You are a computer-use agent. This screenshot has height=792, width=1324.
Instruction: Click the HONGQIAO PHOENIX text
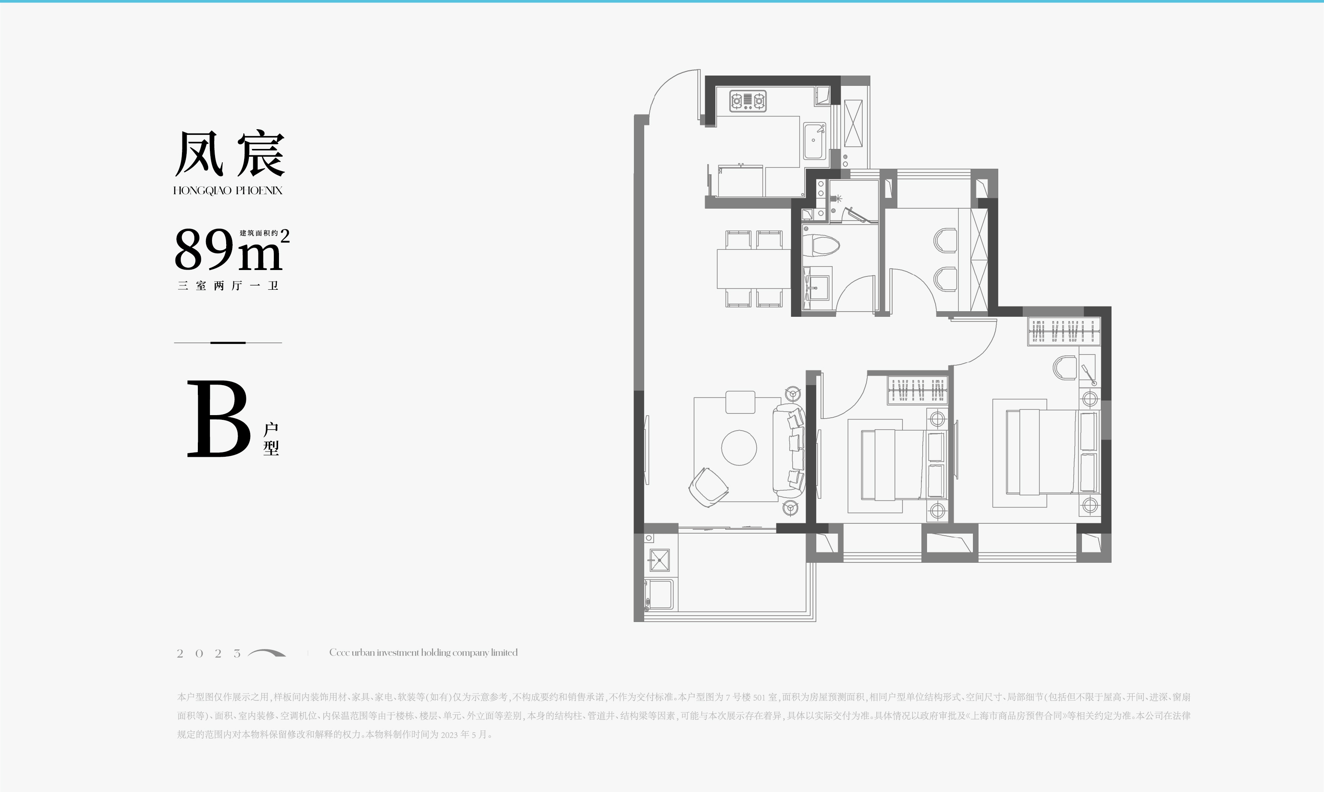(228, 191)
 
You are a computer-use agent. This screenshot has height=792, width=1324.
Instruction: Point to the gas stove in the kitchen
(748, 100)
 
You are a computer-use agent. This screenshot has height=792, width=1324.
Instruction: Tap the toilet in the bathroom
(821, 246)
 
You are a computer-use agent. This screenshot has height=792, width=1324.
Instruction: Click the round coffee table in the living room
(739, 448)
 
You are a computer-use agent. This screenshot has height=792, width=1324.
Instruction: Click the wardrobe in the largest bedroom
(1064, 331)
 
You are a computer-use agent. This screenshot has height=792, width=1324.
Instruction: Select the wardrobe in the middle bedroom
(917, 390)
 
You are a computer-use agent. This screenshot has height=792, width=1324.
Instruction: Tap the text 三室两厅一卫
(228, 285)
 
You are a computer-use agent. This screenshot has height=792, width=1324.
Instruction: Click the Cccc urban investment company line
(424, 652)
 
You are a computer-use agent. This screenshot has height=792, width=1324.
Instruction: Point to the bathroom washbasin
(817, 287)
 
